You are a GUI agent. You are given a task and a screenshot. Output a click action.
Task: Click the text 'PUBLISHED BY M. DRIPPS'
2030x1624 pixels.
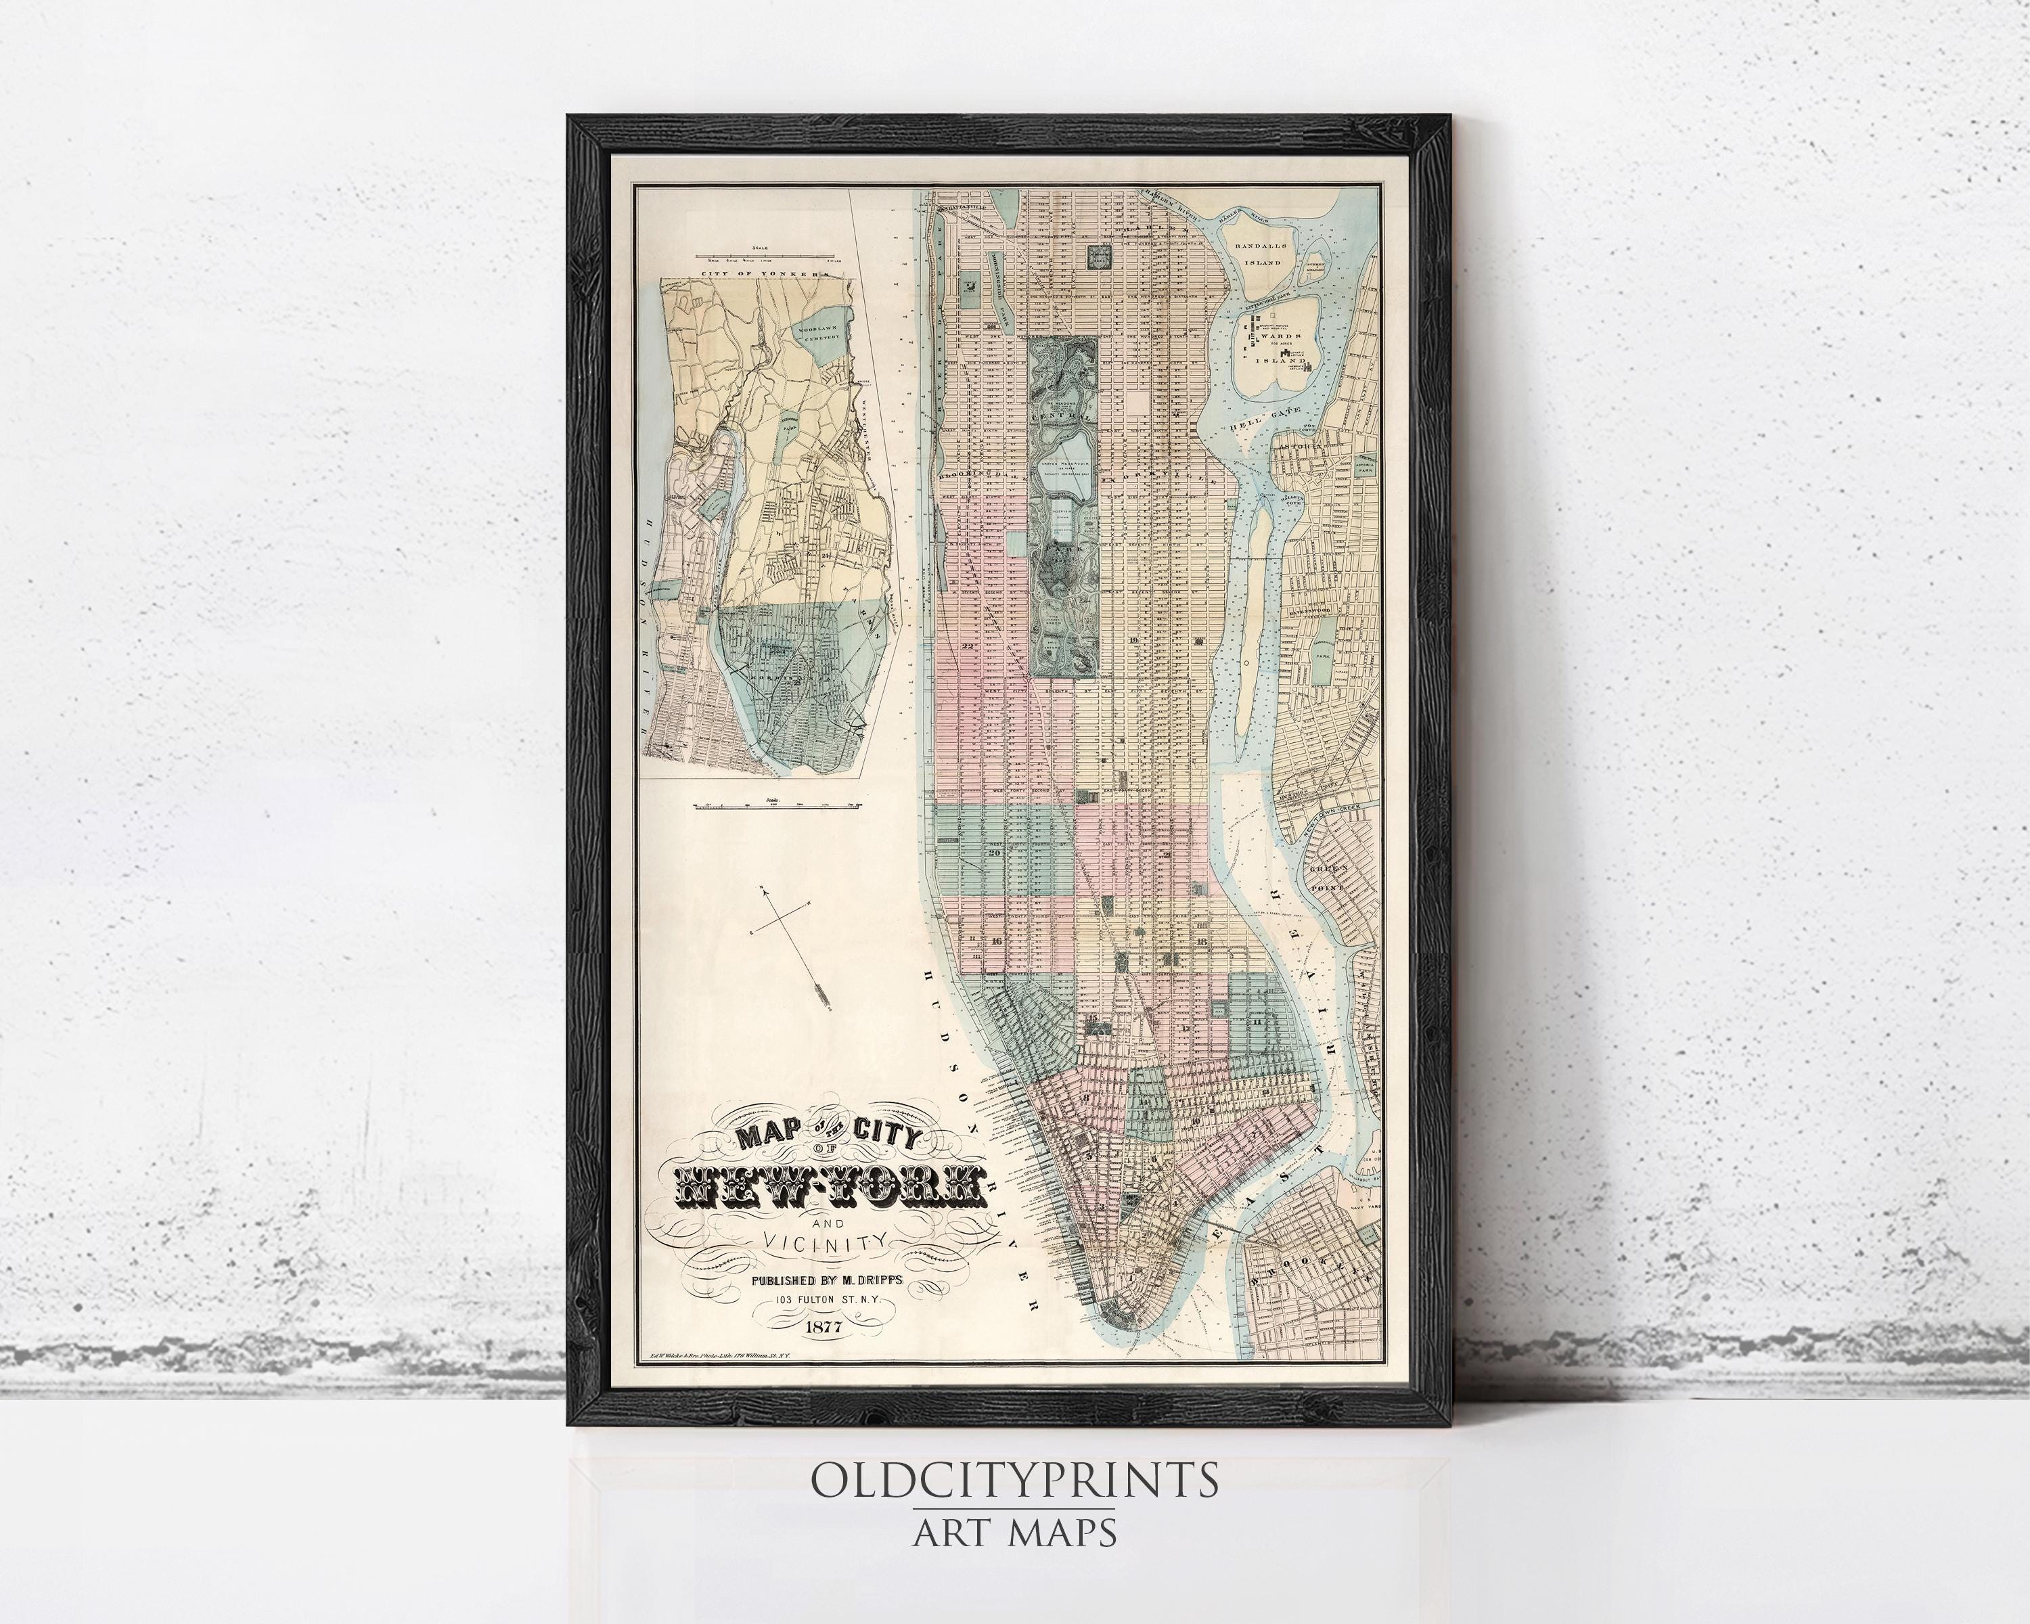click(x=826, y=1280)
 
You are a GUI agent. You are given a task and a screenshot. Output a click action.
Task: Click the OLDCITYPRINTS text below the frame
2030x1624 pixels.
click(x=1014, y=1481)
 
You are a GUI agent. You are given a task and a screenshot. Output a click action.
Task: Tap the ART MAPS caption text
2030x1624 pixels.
click(x=1014, y=1532)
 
